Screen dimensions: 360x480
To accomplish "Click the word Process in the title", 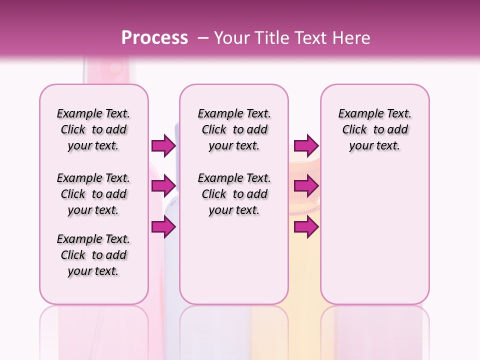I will click(x=154, y=38).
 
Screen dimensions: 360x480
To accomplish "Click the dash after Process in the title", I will click(x=203, y=38).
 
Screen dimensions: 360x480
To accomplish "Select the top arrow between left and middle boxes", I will click(x=163, y=145).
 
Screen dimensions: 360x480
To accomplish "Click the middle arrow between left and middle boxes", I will click(x=163, y=186).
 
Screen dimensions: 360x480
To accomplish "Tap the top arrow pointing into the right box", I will click(x=306, y=145).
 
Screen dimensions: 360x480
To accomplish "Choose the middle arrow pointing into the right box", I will click(x=306, y=186).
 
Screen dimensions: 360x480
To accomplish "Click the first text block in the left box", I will click(x=93, y=129).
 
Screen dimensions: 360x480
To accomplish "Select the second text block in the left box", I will click(x=93, y=194).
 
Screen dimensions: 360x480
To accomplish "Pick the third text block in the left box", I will click(x=93, y=255).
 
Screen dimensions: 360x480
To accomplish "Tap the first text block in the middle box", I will click(x=234, y=129).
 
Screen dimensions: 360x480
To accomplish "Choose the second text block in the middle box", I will click(x=234, y=194).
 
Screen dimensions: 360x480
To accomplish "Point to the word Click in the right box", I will click(x=354, y=130).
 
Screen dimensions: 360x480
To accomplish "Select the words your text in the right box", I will click(x=374, y=146).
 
